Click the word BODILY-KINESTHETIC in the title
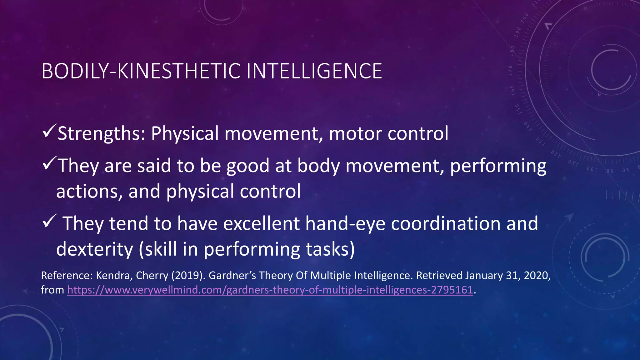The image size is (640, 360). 141,71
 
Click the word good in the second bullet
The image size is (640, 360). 247,166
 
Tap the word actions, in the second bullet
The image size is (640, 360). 89,191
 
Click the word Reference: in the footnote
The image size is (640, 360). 67,276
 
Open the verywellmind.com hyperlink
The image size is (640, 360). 270,290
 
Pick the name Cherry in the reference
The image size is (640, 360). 152,276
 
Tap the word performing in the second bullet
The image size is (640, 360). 498,166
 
